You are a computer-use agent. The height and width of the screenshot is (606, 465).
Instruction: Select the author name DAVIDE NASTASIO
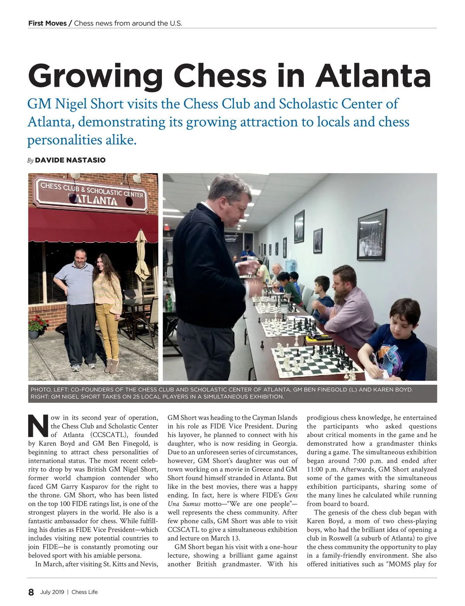point(70,160)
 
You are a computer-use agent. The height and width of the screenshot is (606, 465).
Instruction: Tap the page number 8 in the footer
point(31,592)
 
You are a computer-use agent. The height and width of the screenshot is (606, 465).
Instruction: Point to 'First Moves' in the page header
point(47,23)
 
